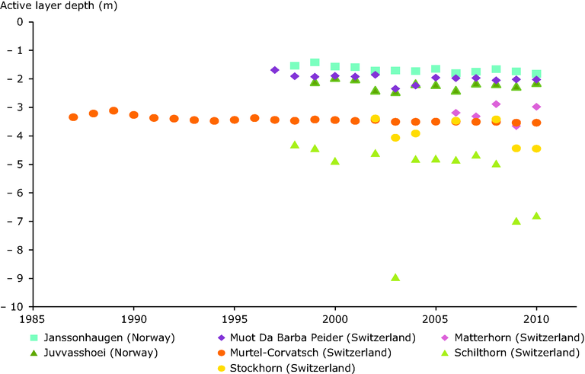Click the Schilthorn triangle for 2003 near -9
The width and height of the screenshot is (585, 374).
point(395,277)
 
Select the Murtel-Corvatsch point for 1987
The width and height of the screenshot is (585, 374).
point(73,117)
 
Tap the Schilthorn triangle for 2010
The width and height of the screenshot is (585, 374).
point(536,216)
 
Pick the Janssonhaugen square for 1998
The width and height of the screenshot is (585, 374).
point(295,66)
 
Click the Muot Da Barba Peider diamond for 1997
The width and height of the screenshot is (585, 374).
point(275,70)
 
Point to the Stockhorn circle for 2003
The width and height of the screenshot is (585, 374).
point(395,138)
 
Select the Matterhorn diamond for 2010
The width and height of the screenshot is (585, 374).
point(536,107)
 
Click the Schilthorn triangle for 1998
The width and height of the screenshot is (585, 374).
point(295,144)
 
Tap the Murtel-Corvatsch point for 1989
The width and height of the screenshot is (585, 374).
point(113,110)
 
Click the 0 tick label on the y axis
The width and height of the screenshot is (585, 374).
point(21,22)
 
